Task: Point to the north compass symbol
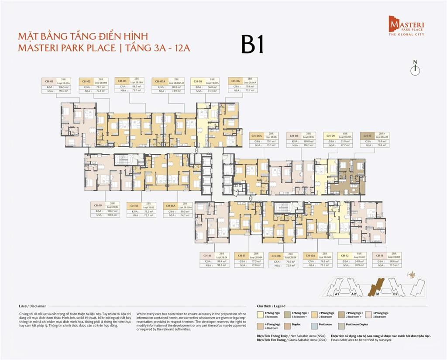point(416,69)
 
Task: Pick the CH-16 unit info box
point(215,260)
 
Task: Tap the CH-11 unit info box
point(386,260)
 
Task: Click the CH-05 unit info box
point(205,86)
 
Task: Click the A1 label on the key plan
point(337,294)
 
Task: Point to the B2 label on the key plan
point(395,294)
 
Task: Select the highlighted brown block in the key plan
point(376,286)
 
